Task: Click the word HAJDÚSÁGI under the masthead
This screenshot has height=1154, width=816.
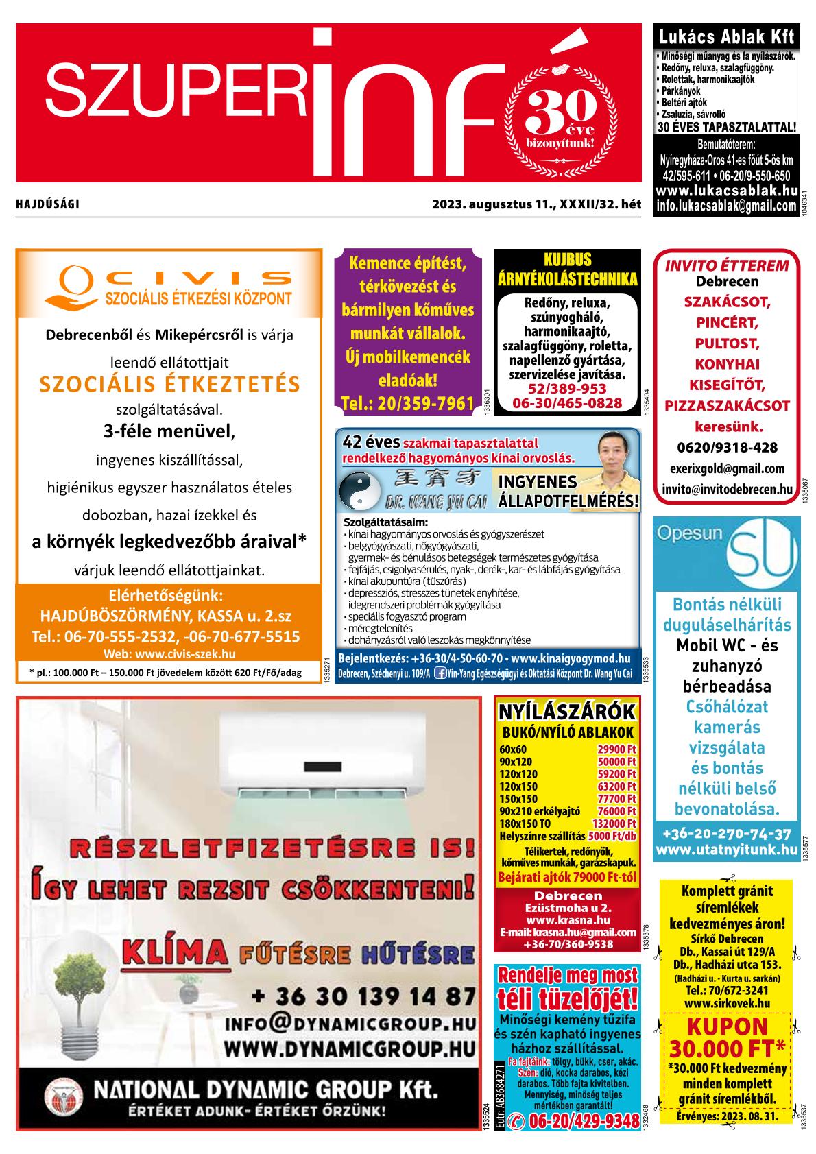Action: tap(47, 204)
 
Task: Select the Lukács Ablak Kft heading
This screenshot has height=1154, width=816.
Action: tap(726, 37)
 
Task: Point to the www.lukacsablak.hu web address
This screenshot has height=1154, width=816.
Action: tap(726, 191)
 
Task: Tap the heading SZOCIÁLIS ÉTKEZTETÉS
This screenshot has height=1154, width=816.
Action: tap(170, 384)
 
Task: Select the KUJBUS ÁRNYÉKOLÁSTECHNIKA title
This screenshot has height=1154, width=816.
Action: tap(568, 269)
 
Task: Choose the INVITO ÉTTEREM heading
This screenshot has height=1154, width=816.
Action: tap(727, 266)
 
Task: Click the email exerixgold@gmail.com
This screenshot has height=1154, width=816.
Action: tap(727, 469)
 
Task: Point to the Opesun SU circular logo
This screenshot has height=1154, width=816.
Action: tap(761, 555)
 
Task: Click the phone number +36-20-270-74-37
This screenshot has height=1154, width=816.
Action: tap(726, 834)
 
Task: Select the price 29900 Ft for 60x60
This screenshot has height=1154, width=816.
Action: tap(616, 749)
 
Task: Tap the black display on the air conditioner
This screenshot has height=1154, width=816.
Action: tap(327, 765)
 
